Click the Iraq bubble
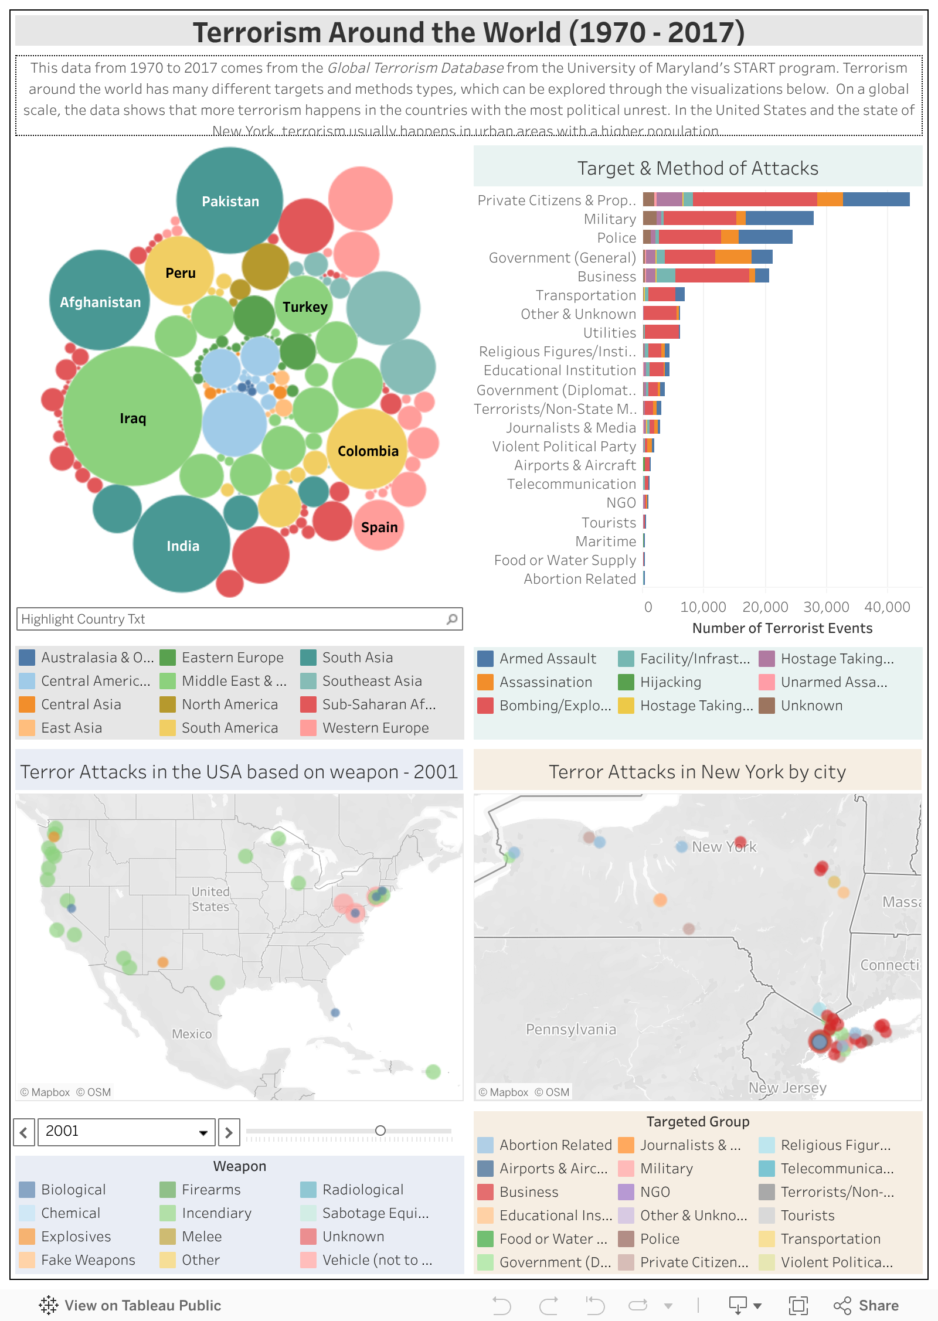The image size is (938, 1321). click(x=132, y=417)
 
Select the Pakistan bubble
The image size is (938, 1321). click(x=230, y=201)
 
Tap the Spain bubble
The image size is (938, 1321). click(x=379, y=526)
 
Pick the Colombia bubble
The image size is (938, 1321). click(x=368, y=450)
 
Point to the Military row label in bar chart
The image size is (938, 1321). click(x=610, y=219)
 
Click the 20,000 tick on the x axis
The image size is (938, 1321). click(x=765, y=607)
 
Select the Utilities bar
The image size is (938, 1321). click(x=661, y=332)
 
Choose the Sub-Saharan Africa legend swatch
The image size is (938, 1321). click(x=308, y=704)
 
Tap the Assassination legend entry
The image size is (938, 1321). click(x=545, y=682)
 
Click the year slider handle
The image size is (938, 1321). click(x=380, y=1131)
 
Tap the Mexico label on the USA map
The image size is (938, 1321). click(x=192, y=1034)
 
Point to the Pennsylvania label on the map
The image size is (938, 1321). click(x=570, y=1030)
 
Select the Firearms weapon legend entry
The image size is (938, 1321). click(x=211, y=1190)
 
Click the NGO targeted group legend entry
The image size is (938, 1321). click(x=654, y=1192)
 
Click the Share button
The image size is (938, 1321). click(x=867, y=1305)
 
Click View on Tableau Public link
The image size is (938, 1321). click(x=131, y=1305)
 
